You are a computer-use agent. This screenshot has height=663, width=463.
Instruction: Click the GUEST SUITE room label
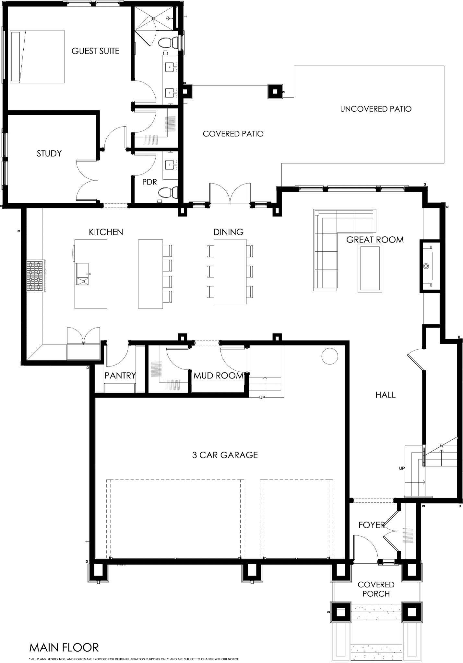click(x=96, y=51)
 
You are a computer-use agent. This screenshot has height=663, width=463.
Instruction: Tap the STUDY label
click(x=49, y=153)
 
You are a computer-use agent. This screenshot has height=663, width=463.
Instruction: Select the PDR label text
click(x=149, y=182)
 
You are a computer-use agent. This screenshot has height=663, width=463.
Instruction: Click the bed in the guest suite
click(x=37, y=57)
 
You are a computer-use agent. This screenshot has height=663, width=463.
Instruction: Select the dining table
click(x=230, y=271)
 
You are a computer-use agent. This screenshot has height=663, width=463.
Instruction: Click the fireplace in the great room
click(x=430, y=266)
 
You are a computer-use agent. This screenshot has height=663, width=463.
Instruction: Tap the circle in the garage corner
click(x=330, y=356)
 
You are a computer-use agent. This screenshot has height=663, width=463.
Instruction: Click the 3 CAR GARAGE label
click(x=225, y=455)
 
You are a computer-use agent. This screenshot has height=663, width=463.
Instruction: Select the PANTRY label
click(x=120, y=376)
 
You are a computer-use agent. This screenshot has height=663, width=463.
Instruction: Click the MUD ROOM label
click(x=219, y=376)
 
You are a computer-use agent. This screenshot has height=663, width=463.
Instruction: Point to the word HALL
click(x=386, y=395)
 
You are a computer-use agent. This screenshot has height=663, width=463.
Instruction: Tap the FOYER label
click(x=372, y=525)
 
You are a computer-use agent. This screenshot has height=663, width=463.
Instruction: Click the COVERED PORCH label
click(x=376, y=589)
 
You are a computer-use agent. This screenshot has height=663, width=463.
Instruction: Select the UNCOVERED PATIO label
click(x=376, y=109)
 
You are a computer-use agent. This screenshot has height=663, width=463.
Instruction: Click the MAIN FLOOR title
click(x=64, y=648)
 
